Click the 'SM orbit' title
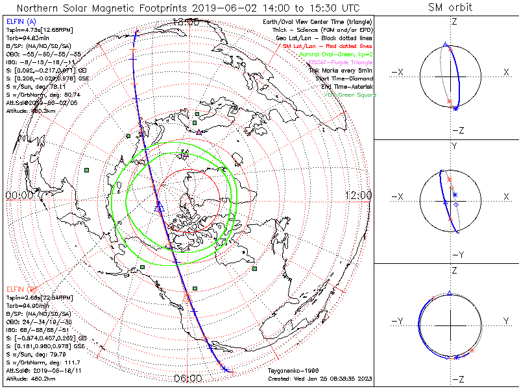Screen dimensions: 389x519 [x=450, y=8]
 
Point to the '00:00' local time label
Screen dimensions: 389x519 [x=19, y=194]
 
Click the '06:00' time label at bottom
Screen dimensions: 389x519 [x=187, y=379]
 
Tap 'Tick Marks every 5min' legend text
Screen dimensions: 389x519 [x=339, y=71]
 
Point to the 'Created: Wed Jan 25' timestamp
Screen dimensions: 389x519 [x=320, y=379]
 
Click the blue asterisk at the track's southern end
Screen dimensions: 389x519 [x=224, y=369]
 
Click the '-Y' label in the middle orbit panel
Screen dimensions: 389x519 [x=451, y=254]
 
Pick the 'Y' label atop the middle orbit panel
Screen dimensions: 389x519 [x=453, y=147]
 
